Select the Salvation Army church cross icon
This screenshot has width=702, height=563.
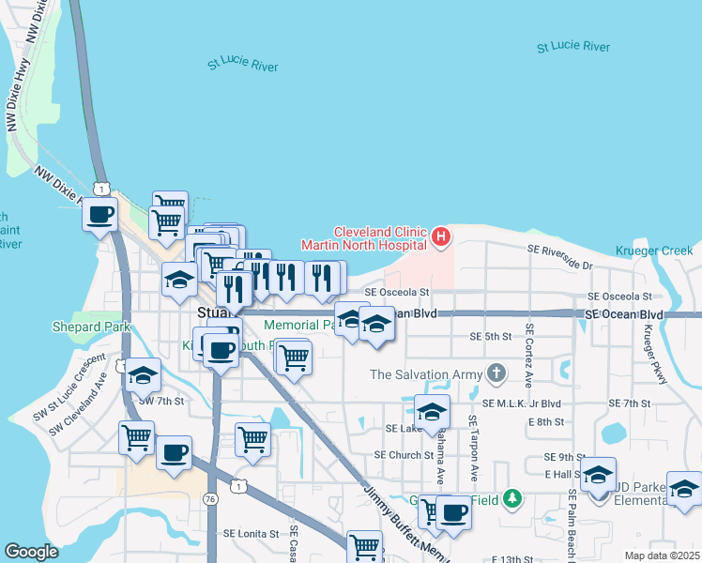pos(496,374)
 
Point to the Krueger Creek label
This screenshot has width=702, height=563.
pos(654,251)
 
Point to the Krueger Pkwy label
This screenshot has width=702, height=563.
pos(648,355)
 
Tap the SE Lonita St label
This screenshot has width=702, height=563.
pos(251,533)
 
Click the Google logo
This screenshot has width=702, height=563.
pos(31,552)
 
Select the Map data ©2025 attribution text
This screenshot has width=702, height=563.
pos(662,555)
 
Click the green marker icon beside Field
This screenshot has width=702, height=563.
pos(511,497)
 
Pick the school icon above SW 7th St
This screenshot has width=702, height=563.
pos(143,375)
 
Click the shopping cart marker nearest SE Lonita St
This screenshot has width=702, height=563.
pos(364,546)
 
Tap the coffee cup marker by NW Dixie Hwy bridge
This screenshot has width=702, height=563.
pos(99,215)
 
